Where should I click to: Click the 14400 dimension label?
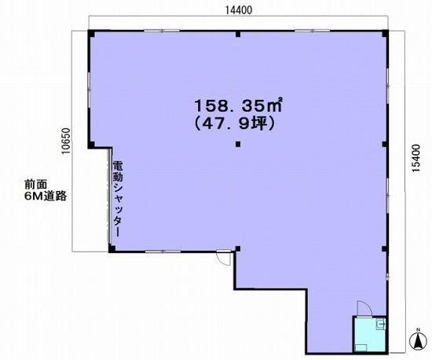tap(239, 10)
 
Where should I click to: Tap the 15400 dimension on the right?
tap(416, 158)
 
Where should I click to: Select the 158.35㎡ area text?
tap(238, 105)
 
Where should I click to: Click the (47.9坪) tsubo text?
tap(235, 124)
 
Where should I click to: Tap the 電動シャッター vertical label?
tap(118, 199)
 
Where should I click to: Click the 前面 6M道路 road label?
tap(46, 190)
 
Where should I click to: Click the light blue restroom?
tap(370, 334)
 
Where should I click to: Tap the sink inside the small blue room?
tap(380, 324)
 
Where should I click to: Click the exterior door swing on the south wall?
tap(224, 258)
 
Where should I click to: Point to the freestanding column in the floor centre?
tap(238, 144)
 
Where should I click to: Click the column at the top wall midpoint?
tap(238, 34)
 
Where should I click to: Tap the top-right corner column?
tap(385, 33)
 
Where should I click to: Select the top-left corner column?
tap(91, 33)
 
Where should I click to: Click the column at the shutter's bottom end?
tap(112, 248)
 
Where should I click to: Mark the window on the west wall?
tap(89, 86)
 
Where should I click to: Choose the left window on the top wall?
tap(162, 31)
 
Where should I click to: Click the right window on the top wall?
tap(313, 31)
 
